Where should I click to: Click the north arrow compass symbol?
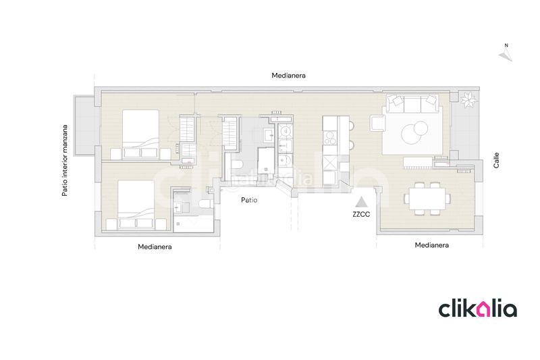[504, 53]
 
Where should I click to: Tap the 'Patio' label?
[250, 200]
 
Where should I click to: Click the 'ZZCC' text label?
[362, 215]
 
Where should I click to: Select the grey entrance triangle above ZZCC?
[362, 201]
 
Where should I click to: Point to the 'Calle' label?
[496, 160]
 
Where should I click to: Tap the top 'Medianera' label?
[288, 76]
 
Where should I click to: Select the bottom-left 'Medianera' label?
[155, 247]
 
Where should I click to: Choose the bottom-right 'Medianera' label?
[432, 245]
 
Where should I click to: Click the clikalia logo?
[478, 309]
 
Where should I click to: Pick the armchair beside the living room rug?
[377, 124]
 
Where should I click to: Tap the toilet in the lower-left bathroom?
[207, 204]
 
